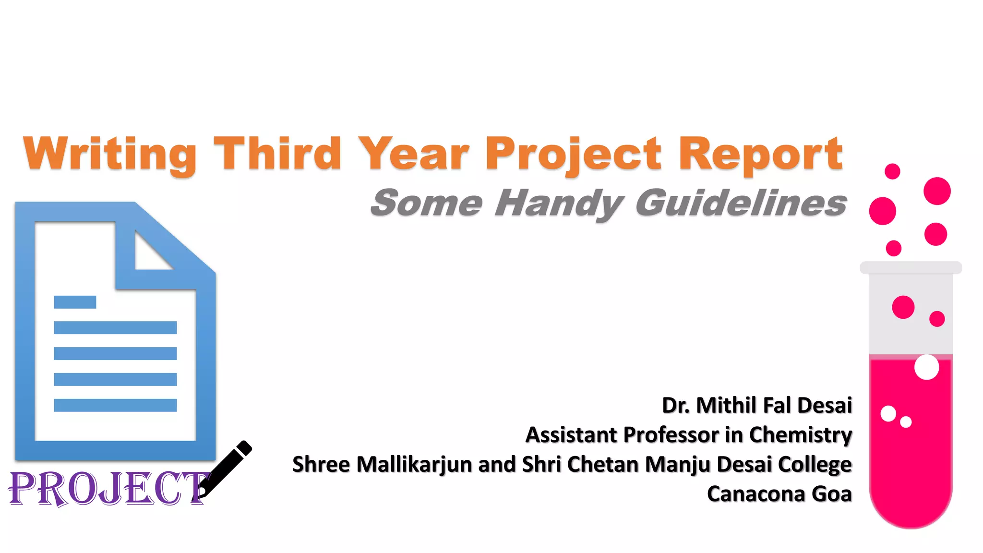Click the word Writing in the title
[x=109, y=154]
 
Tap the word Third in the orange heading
[x=277, y=154]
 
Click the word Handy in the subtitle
[x=559, y=204]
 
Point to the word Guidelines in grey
[x=741, y=203]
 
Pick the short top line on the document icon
[x=75, y=302]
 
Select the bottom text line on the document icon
[x=115, y=405]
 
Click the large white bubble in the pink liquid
[x=926, y=367]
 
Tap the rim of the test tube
[x=911, y=267]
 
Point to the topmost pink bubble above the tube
[x=892, y=171]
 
